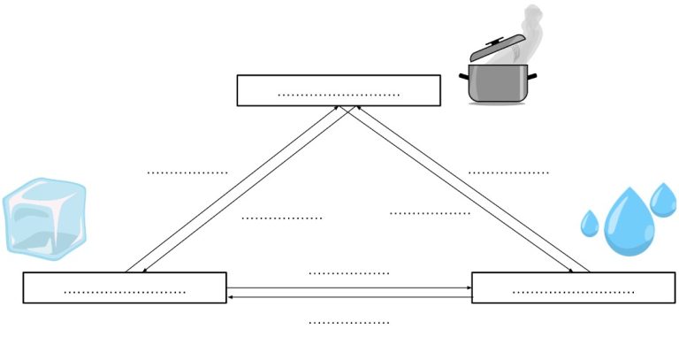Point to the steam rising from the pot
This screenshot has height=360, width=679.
click(x=530, y=27)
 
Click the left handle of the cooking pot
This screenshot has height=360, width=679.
click(x=463, y=77)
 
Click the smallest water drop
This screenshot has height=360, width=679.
click(x=590, y=223)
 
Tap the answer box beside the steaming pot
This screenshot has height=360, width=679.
click(x=338, y=90)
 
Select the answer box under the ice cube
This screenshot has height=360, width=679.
click(x=124, y=288)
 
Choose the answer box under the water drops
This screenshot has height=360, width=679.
click(x=573, y=288)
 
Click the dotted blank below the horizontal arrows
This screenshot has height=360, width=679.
click(x=348, y=322)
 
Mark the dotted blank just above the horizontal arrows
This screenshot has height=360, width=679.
click(x=348, y=273)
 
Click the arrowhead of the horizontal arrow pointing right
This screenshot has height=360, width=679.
click(x=468, y=287)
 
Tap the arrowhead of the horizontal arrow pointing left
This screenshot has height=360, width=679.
click(x=231, y=297)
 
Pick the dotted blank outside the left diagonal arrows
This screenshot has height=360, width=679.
click(x=187, y=172)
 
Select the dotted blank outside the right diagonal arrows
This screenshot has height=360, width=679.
click(x=507, y=172)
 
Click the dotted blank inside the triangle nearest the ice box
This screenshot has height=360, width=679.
click(x=281, y=217)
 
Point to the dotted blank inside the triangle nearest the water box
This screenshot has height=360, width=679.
click(x=430, y=212)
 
